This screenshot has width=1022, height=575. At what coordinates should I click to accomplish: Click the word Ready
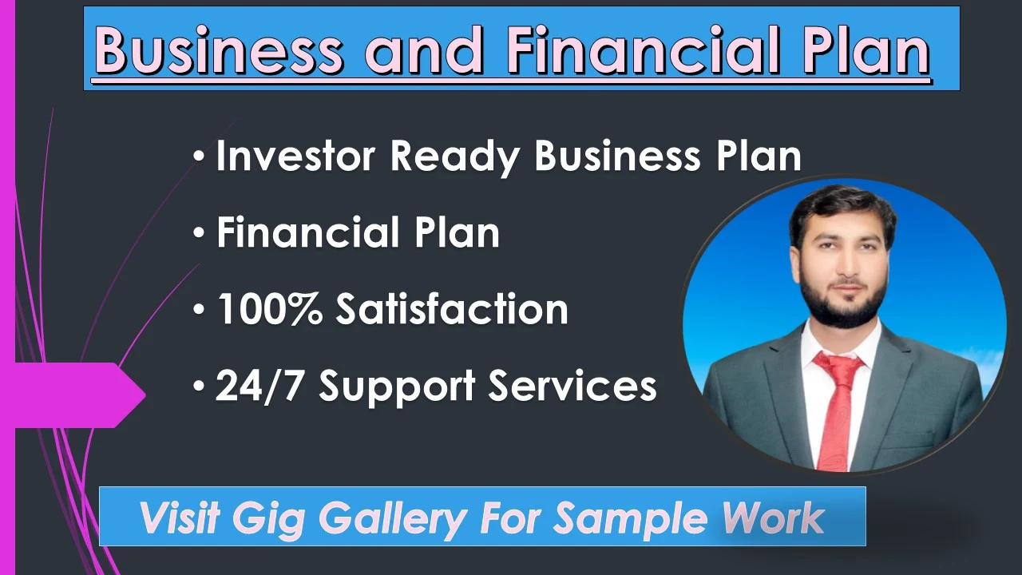point(454,157)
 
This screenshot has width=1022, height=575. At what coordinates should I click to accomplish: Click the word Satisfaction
point(451,309)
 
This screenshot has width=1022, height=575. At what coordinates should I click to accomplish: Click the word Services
point(572,386)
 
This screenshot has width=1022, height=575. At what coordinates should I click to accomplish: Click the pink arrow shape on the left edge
point(80,395)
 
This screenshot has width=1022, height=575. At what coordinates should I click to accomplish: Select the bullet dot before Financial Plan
point(199,234)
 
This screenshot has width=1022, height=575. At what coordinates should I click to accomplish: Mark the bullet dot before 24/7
point(199,387)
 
